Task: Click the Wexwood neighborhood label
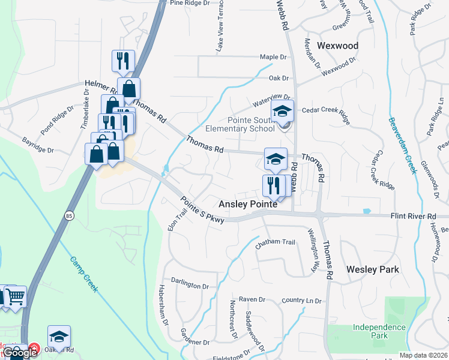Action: (337, 46)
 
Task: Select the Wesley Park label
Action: (373, 269)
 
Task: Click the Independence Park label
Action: (379, 331)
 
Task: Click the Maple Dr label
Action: (273, 57)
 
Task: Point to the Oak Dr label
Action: (279, 78)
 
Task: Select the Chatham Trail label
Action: (276, 242)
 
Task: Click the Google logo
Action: (20, 353)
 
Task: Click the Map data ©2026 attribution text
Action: (423, 355)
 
